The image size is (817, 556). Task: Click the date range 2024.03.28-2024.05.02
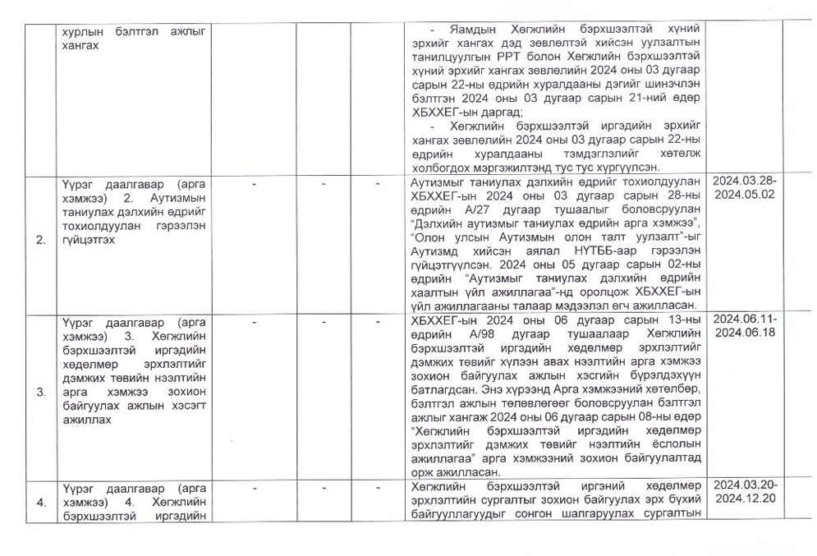745,188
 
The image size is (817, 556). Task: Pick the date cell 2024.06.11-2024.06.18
745,326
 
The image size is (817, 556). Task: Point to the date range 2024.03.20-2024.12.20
745,492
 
